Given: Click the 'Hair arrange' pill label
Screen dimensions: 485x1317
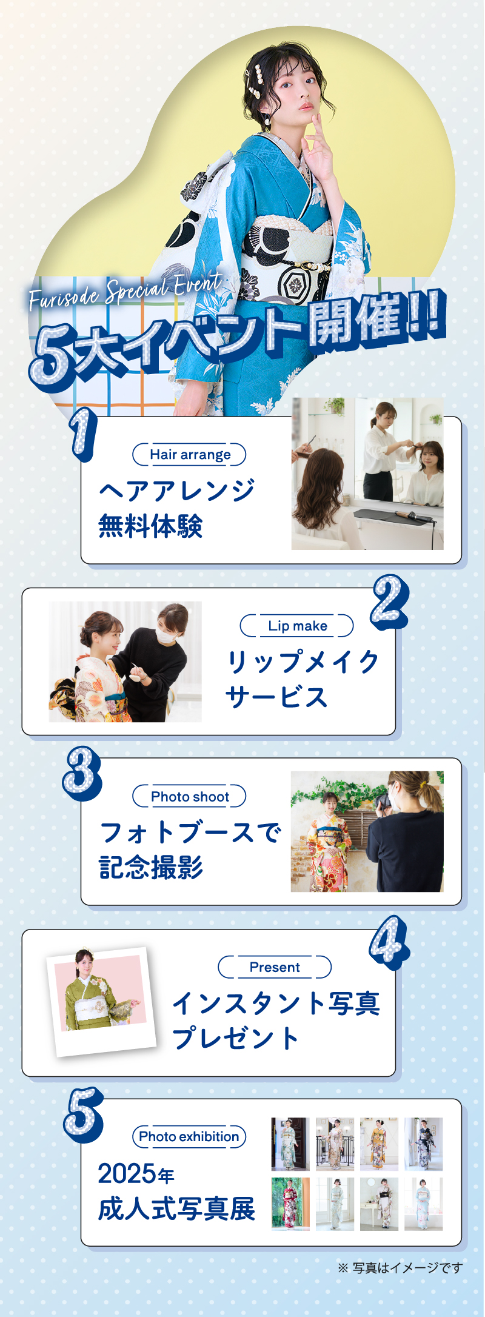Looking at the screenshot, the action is pos(189,455).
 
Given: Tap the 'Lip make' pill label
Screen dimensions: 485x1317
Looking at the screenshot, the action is pos(296,626).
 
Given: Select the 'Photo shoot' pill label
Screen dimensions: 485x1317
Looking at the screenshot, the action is pos(189,796).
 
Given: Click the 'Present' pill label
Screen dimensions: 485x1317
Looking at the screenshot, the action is pos(275,967).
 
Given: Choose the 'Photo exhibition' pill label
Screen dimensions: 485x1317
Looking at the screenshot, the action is pos(189,1136).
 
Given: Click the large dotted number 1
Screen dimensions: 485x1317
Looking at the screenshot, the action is pos(83,433).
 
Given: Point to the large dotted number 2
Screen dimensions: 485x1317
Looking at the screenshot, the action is pos(389,602).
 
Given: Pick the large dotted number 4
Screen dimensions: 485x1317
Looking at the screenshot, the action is pos(389,942).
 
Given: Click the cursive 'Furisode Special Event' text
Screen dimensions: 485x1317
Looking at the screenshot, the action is pos(125,291).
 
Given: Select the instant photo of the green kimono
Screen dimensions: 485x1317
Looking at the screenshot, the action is pos(101,1002).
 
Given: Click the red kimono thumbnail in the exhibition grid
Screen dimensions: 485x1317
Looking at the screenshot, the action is pos(290,1204).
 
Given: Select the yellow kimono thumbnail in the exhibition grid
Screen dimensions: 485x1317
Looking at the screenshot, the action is pos(379,1144).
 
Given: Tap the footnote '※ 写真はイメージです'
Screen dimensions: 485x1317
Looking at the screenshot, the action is pos(400,1267).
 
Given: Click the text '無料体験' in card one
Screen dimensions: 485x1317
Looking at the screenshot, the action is pos(150,526).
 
